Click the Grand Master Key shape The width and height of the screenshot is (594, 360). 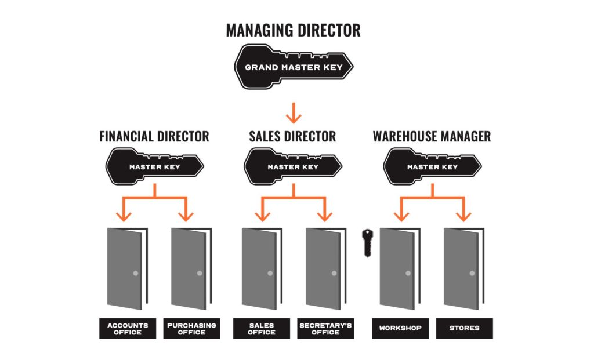tap(294, 67)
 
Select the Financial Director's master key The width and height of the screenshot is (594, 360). tap(154, 166)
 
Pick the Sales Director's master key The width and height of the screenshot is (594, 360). tap(293, 166)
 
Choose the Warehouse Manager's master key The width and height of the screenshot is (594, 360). tap(432, 166)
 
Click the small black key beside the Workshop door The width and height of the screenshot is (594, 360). tap(367, 242)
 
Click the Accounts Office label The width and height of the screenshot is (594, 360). tap(127, 328)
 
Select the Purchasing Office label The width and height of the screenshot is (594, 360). tap(191, 328)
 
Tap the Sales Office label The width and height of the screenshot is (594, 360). tap(261, 328)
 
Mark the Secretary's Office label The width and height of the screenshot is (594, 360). tap(325, 328)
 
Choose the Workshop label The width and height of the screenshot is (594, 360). tap(400, 328)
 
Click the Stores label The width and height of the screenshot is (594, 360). tap(463, 328)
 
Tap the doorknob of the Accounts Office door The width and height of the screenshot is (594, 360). tap(135, 273)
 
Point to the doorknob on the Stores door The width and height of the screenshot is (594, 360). tap(472, 273)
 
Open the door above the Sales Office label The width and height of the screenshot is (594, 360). tap(259, 268)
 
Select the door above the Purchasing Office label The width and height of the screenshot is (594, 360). tap(189, 268)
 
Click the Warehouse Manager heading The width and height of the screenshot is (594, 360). tap(432, 137)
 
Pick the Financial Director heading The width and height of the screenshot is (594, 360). tap(154, 137)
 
